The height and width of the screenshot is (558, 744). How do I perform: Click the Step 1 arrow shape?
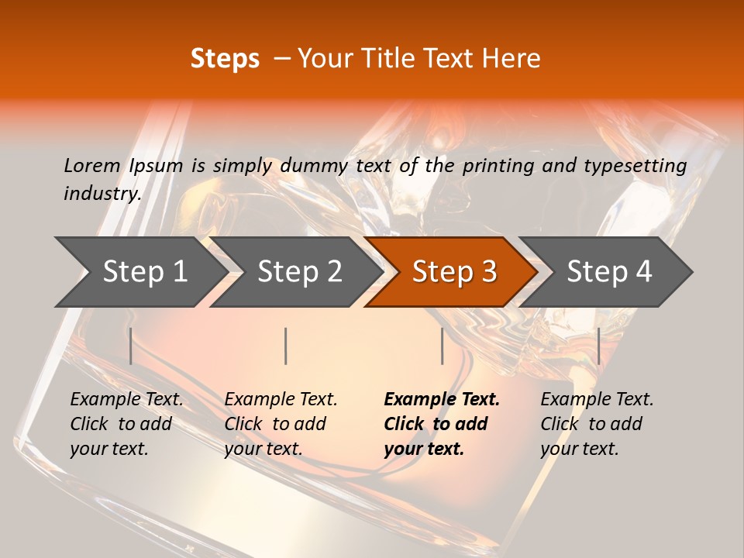143,272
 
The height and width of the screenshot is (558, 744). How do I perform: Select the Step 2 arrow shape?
299,272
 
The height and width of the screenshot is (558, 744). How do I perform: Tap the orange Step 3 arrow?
454,272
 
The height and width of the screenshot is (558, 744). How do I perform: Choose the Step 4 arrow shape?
609,272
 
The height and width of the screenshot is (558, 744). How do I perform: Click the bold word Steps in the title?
225,59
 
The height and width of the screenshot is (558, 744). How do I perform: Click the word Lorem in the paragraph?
92,165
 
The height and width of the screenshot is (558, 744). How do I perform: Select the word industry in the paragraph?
102,194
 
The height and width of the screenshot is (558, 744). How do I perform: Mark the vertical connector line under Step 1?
131,346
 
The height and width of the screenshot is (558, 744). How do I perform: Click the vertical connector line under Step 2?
286,346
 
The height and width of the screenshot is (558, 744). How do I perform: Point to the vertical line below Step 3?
442,346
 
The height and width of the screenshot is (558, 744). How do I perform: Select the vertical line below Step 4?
599,346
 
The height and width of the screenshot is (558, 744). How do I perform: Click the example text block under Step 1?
126,424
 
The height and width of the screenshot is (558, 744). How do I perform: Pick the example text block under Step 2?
281,424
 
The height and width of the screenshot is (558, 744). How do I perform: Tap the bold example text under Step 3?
442,424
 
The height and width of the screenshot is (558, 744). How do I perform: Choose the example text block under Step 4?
597,424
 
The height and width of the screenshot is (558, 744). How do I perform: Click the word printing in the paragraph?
497,165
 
